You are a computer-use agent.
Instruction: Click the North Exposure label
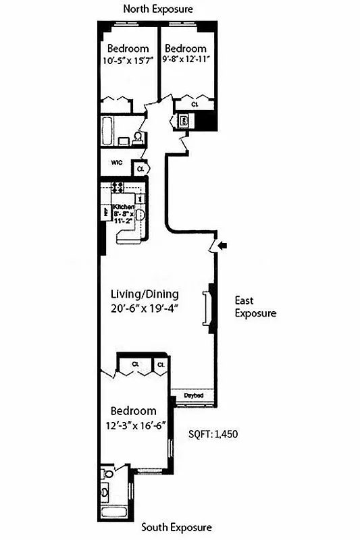click(x=157, y=9)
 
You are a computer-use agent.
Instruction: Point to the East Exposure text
click(x=255, y=306)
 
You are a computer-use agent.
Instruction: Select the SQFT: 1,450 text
click(x=214, y=435)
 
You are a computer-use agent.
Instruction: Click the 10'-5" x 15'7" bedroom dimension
click(x=128, y=59)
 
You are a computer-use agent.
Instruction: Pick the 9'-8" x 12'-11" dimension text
click(x=185, y=59)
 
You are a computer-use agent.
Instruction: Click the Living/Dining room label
click(x=144, y=294)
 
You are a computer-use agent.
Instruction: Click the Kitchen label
click(x=123, y=207)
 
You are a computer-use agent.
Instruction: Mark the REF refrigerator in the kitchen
click(x=106, y=211)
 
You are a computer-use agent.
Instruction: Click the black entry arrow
click(x=224, y=246)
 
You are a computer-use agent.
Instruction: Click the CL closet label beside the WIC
click(x=140, y=168)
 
